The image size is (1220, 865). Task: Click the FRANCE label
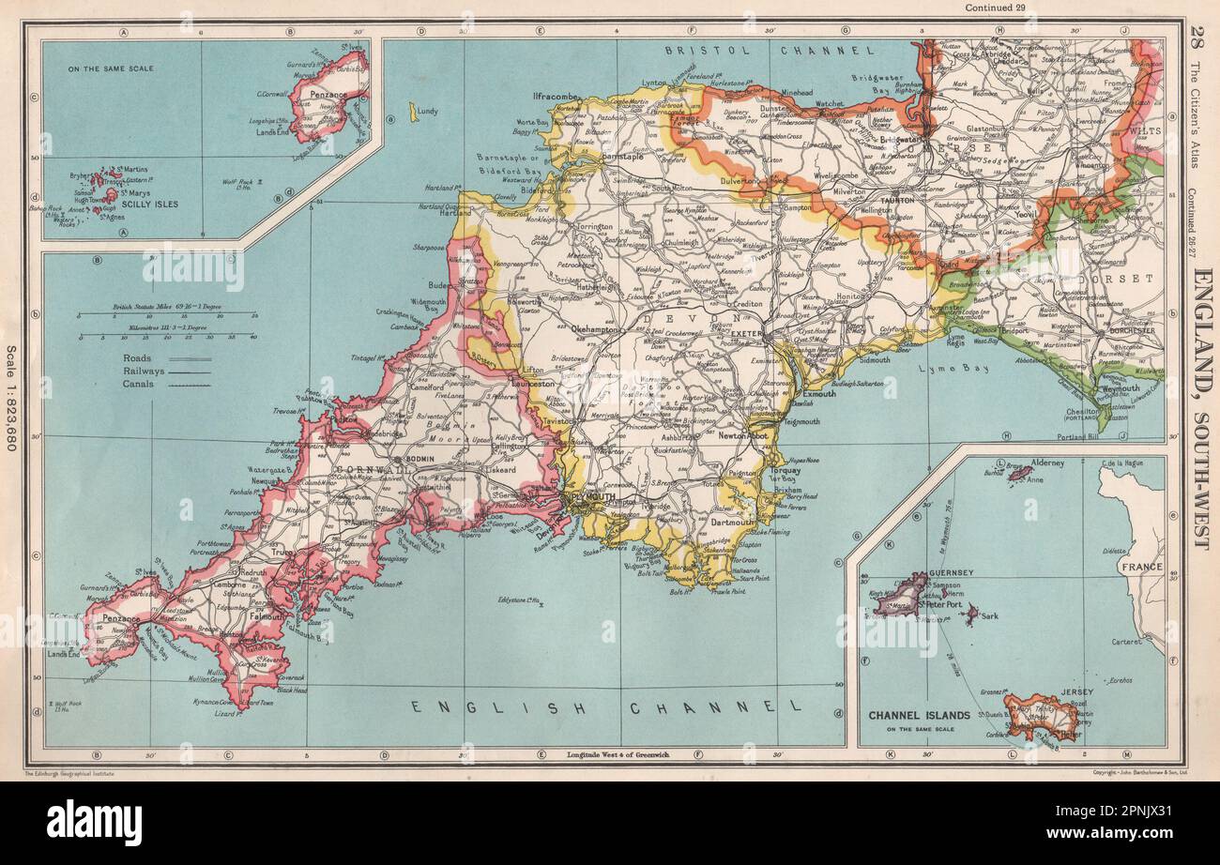(x=1137, y=567)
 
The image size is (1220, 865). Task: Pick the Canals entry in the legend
(x=138, y=383)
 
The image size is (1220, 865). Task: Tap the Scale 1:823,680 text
(x=12, y=398)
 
